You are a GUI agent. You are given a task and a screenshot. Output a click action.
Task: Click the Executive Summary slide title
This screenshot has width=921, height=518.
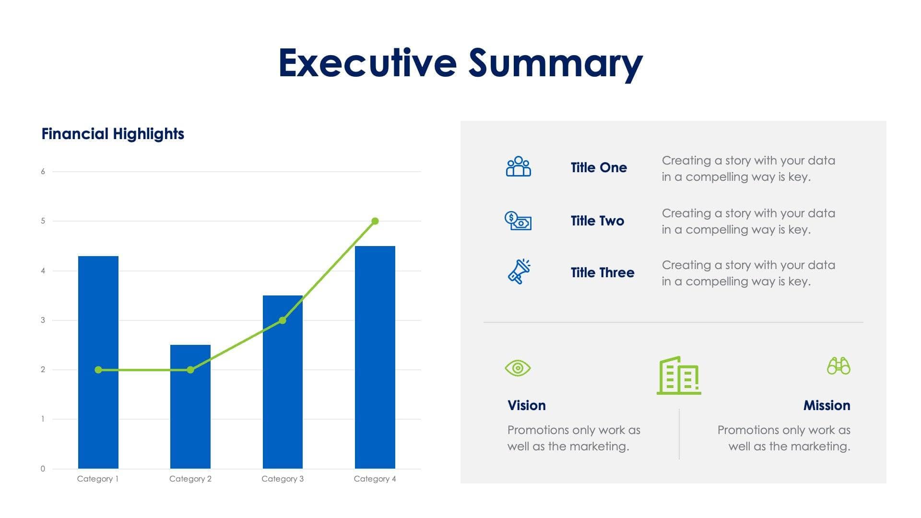(460, 63)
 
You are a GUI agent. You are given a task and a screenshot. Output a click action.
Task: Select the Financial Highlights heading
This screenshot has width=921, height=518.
(113, 134)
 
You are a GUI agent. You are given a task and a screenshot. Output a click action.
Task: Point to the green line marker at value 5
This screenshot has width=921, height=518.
(375, 221)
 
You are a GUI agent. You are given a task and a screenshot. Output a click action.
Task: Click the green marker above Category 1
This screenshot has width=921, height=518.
(98, 370)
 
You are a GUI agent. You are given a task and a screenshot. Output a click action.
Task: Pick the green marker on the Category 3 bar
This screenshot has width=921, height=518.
(283, 320)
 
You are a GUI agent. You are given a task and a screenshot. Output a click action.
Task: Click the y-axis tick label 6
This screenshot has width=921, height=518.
(43, 172)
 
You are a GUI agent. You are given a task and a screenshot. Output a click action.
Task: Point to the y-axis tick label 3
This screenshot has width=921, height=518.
(43, 320)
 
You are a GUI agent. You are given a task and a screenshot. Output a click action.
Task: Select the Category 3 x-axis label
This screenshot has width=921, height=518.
(283, 479)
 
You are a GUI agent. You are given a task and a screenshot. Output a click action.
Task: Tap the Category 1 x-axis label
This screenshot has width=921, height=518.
(98, 479)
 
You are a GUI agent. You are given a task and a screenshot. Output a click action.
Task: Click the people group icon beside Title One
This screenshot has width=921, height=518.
(518, 166)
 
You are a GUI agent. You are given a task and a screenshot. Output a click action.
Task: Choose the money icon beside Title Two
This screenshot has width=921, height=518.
(518, 221)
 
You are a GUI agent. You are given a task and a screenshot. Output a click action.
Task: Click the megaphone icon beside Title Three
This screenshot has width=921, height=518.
(519, 272)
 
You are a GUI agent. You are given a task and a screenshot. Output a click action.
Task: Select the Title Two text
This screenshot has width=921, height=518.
(597, 221)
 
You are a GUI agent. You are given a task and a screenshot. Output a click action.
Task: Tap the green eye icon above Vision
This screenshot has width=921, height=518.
(518, 368)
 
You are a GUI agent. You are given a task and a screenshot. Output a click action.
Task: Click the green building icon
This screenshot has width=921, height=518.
(679, 376)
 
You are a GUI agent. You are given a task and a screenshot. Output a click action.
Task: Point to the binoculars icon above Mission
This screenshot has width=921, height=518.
(838, 366)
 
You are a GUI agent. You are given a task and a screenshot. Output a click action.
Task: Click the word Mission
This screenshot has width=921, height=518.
(827, 406)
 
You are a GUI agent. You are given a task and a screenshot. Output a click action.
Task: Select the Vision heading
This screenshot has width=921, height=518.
(526, 406)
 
